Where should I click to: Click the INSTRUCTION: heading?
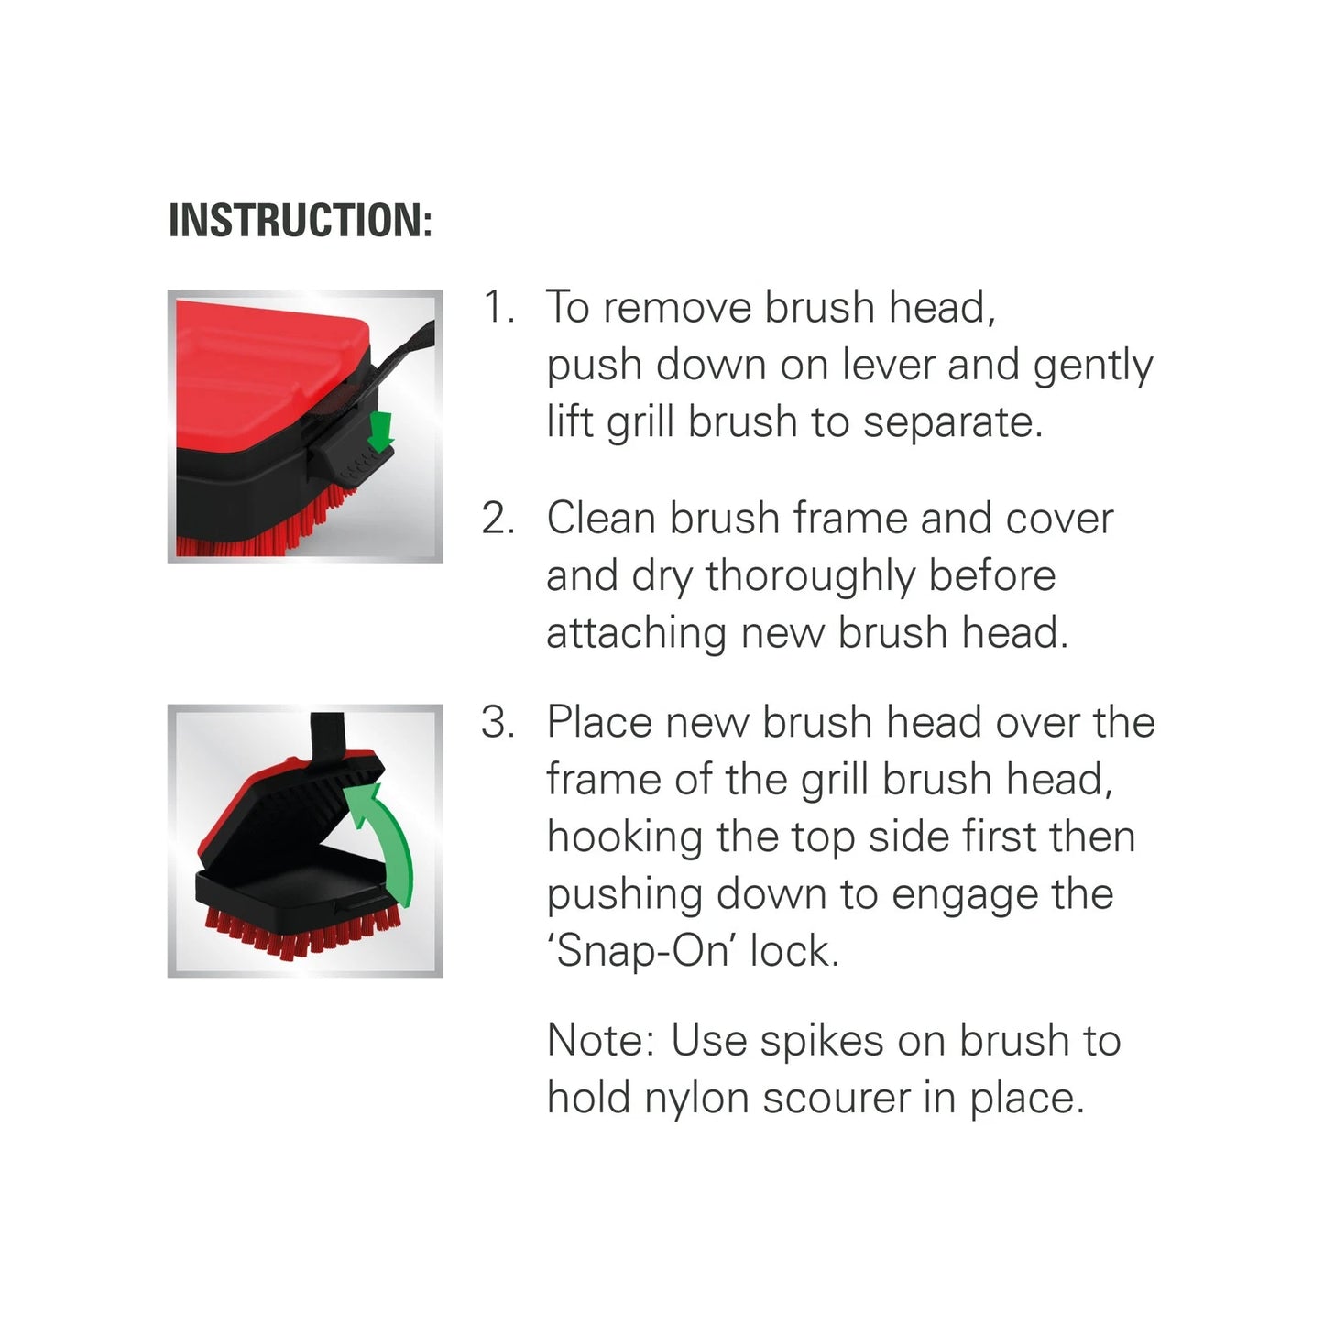click(300, 221)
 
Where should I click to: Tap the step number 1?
click(498, 307)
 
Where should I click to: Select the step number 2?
click(498, 519)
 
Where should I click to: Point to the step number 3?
click(498, 723)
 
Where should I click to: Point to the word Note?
click(600, 1041)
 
